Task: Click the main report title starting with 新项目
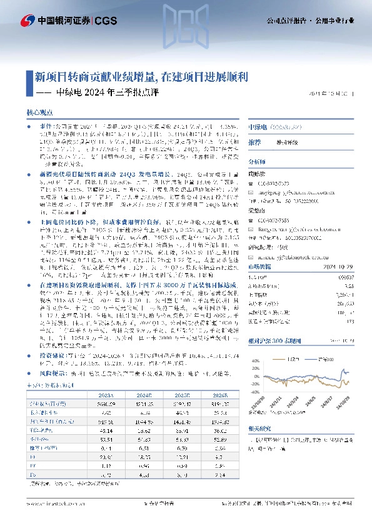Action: coord(141,77)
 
